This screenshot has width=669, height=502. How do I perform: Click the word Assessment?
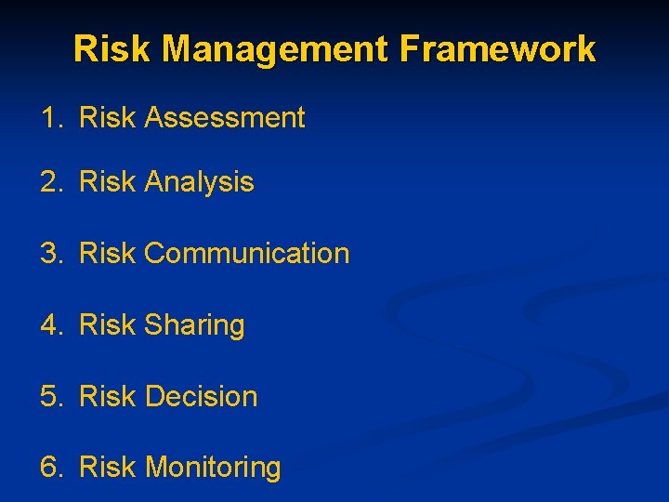225,118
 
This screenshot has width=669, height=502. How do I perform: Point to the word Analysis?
199,182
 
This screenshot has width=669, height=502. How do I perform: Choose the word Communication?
247,253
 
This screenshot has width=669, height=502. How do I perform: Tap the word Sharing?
194,325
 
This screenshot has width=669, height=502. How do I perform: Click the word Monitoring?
213,468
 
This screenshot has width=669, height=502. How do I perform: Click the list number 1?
48,118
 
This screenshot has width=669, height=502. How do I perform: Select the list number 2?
49,182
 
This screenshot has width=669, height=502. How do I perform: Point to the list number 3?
49,253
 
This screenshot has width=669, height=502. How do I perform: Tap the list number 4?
49,325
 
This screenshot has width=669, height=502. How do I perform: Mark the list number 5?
49,396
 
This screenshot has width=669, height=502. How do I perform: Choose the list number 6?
49,468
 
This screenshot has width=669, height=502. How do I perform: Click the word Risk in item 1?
108,118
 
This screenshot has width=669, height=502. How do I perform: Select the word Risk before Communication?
108,253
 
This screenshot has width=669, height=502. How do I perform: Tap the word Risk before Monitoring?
108,468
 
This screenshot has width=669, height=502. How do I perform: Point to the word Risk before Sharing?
108,325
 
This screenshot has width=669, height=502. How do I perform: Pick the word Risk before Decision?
108,396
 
